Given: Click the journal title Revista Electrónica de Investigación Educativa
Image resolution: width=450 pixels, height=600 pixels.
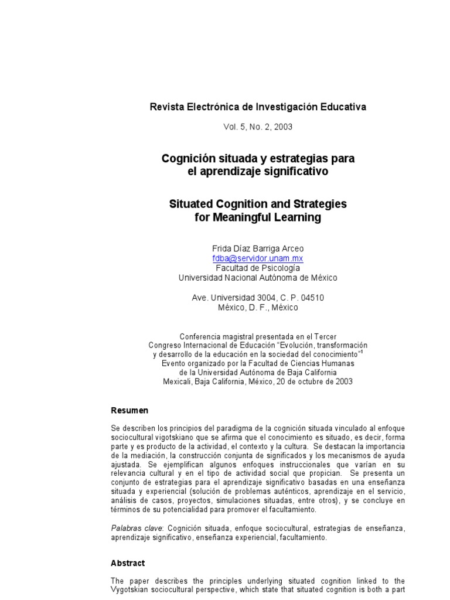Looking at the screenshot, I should pos(258,107).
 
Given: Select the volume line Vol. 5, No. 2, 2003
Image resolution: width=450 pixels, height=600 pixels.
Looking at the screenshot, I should pos(258,126).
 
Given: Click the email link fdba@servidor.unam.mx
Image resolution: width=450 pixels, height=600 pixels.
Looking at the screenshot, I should pos(258,258).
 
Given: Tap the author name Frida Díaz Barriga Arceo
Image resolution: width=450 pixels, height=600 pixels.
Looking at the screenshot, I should pos(258,248).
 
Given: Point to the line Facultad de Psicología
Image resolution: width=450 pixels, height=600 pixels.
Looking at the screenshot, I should pos(258,268).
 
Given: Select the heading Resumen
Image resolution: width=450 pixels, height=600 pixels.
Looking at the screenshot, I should pos(129,410).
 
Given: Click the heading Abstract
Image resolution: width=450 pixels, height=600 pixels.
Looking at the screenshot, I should pos(128,563).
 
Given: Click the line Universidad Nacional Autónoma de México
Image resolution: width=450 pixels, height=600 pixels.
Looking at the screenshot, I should pos(258,278).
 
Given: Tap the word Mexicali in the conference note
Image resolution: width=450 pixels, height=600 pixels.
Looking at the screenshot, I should pos(178,381).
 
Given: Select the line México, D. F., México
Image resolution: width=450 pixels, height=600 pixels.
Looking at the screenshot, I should pos(258,307).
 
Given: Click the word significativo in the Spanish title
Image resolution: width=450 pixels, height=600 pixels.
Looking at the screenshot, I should pos(296,172).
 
